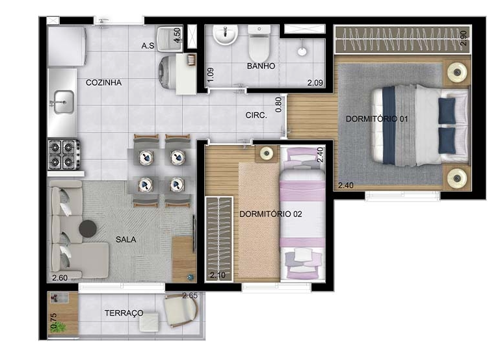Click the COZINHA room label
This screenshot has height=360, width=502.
coord(104,83)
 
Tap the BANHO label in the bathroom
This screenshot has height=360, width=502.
coord(261,66)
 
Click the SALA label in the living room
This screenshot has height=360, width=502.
coord(126,239)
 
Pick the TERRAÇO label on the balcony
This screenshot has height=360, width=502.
coord(124,313)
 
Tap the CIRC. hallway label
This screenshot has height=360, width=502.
coord(256,115)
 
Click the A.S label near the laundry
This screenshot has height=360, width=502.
coord(148,46)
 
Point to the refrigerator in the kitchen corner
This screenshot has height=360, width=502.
coord(66,45)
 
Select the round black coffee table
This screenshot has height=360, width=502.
coord(88,228)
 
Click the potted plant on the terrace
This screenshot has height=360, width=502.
coord(60,328)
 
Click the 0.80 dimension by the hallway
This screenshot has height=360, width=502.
coord(278,105)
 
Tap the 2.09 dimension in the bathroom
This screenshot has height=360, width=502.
coord(315,83)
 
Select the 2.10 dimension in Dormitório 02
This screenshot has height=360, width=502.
coord(218,275)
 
